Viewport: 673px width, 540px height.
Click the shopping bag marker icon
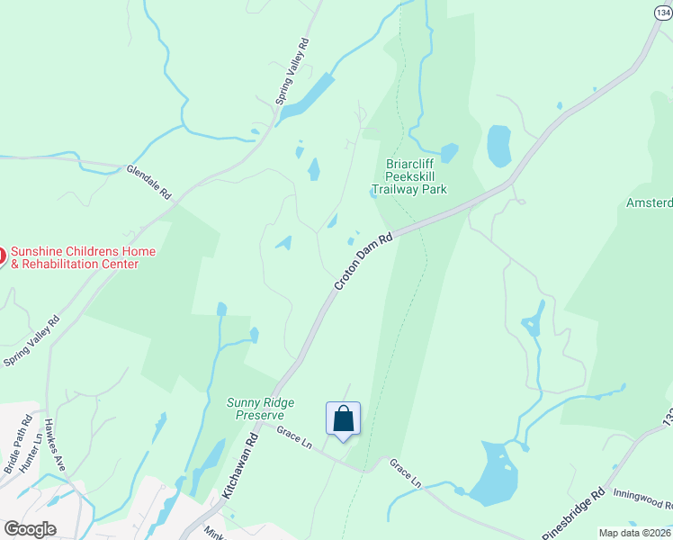343,419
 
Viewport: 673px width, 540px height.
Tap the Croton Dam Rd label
364,262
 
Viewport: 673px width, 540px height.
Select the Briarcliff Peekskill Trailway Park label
409,176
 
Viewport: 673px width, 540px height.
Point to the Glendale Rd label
148,181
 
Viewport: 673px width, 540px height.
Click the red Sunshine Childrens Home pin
2,256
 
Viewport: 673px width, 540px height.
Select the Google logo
30,529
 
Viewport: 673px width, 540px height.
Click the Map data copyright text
635,533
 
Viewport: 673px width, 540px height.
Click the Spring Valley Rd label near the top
292,72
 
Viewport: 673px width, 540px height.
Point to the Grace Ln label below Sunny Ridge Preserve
293,439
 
